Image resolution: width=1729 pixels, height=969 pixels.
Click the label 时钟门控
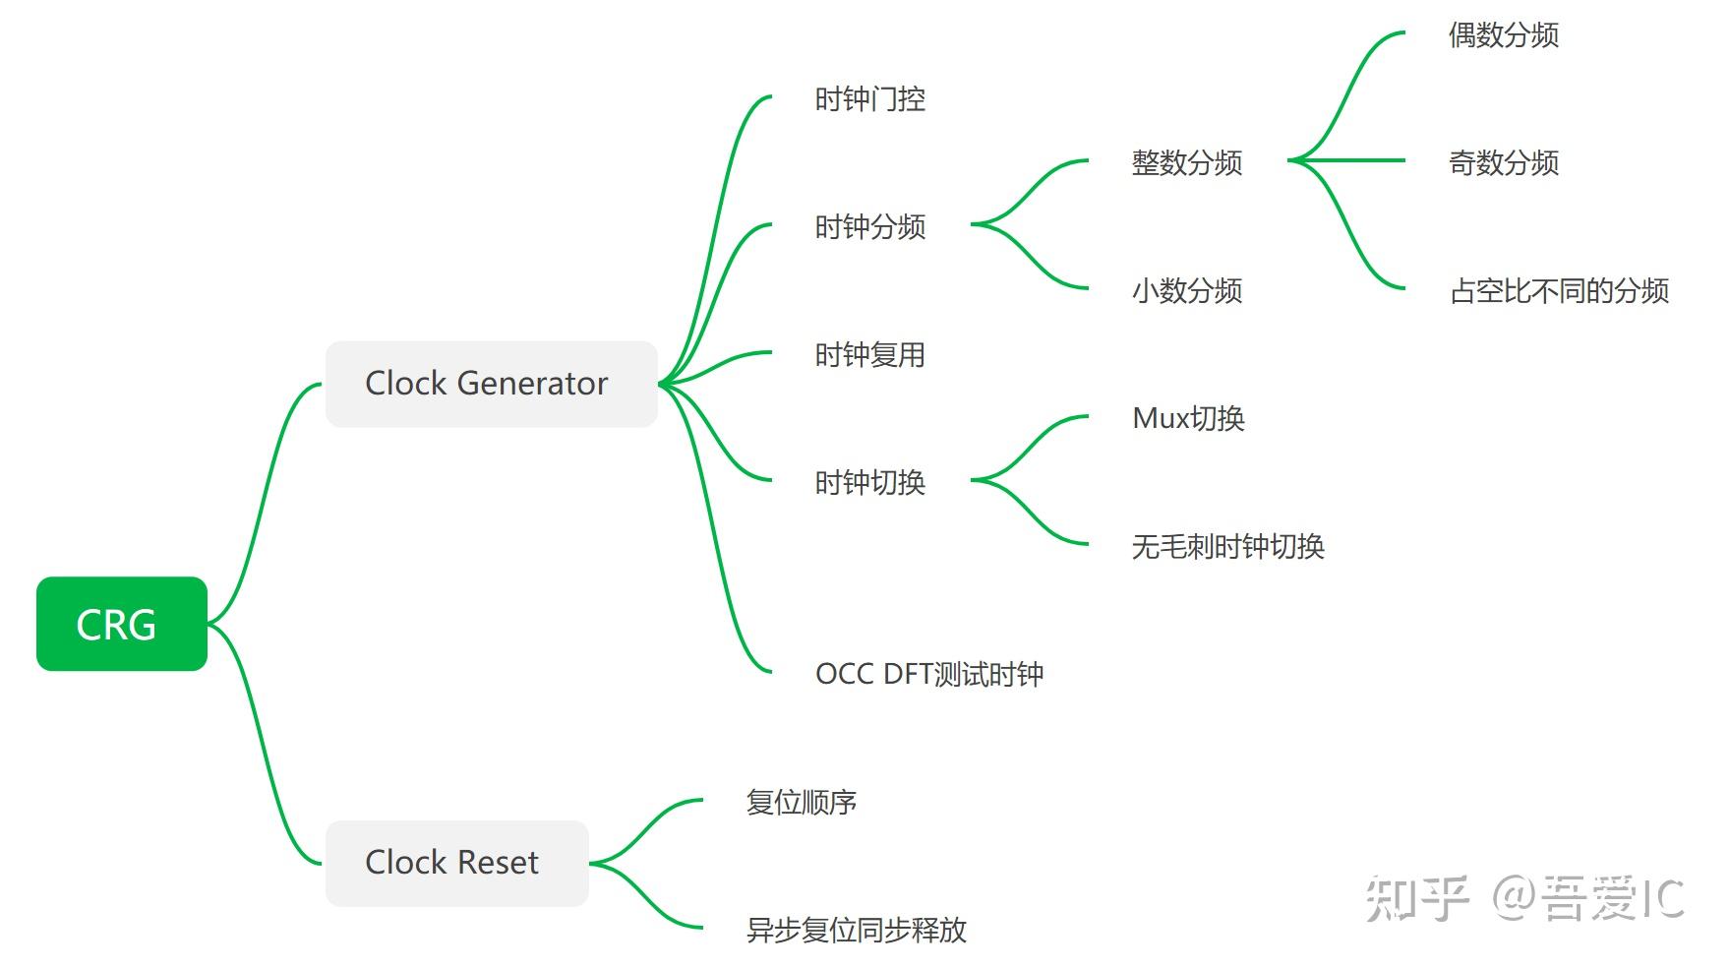coord(869,99)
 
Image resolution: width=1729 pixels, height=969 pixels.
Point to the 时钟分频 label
coord(869,227)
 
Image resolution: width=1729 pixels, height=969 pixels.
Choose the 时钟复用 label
coord(869,355)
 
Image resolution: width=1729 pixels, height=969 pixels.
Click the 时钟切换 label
coord(869,483)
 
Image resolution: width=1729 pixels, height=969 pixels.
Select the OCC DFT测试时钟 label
coord(928,674)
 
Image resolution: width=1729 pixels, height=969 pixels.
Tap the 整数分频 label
coord(1186,163)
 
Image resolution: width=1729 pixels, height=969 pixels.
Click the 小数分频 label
coord(1186,291)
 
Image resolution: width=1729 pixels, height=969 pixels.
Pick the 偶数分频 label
coord(1503,35)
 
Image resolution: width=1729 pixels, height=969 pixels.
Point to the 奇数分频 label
coord(1503,163)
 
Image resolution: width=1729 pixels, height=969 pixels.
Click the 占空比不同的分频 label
coord(1559,291)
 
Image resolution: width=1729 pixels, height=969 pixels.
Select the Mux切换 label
coord(1188,419)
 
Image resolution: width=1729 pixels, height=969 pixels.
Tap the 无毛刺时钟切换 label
coord(1227,547)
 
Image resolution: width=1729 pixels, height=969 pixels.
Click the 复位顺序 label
coord(801,803)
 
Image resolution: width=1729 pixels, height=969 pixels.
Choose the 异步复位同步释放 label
coord(856,931)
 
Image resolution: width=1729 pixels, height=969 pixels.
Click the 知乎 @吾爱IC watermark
coord(1524,898)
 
